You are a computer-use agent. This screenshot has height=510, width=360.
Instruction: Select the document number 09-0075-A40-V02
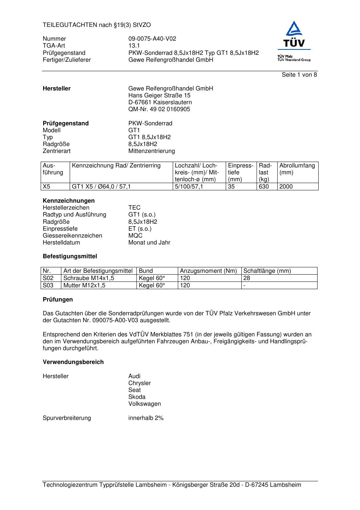[152, 39]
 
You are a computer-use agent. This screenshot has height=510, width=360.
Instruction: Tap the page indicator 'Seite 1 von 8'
[299, 75]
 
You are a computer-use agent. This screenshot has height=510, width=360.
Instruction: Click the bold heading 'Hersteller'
[57, 89]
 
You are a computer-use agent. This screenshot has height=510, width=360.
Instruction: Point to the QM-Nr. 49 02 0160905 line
[159, 109]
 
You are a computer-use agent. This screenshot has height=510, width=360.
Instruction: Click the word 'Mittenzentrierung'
[151, 151]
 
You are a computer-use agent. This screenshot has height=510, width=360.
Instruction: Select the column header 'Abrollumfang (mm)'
[297, 169]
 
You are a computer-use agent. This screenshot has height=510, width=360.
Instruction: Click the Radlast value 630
[263, 187]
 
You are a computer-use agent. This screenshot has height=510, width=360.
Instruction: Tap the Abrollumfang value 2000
[286, 187]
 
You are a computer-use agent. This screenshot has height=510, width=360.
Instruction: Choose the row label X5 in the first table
[46, 187]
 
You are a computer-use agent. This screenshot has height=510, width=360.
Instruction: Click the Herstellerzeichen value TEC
[134, 208]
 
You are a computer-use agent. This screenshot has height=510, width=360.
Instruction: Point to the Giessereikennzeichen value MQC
[135, 236]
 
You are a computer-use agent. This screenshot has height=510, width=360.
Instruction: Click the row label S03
[48, 286]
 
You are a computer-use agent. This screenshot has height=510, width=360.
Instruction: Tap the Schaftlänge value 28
[247, 278]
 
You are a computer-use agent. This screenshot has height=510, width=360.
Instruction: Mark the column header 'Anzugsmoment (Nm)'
[208, 271]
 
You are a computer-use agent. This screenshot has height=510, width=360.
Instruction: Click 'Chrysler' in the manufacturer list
[139, 383]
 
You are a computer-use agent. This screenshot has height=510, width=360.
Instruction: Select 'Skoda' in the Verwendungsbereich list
[137, 397]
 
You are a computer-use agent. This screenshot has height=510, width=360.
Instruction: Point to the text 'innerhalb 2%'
[146, 418]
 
